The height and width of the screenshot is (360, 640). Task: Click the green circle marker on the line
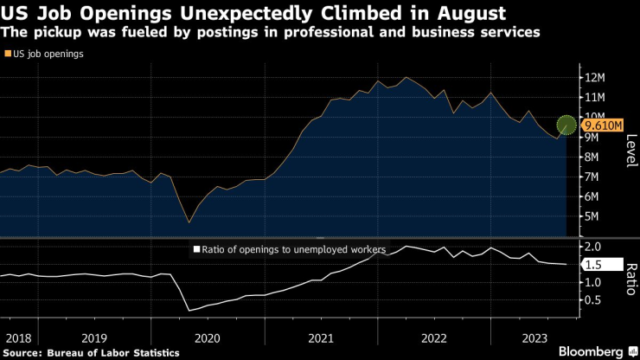click(566, 125)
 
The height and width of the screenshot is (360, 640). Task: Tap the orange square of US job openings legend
click(8, 54)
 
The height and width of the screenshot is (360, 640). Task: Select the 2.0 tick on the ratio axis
click(594, 247)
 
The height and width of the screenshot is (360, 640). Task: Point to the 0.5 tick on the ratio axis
click(594, 300)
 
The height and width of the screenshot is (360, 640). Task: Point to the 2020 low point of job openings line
click(189, 222)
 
